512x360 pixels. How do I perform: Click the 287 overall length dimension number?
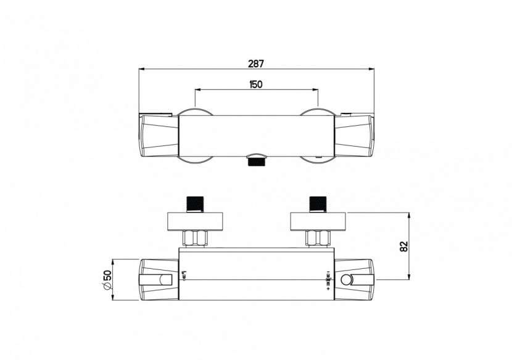pyautogui.click(x=256, y=63)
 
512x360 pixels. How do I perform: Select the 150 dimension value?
pyautogui.click(x=257, y=84)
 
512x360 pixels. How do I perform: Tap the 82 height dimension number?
pyautogui.click(x=404, y=246)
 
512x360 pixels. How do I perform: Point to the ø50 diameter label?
pyautogui.click(x=105, y=280)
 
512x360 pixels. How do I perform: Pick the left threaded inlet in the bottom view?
pyautogui.click(x=196, y=203)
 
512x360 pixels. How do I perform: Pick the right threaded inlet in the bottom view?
pyautogui.click(x=318, y=203)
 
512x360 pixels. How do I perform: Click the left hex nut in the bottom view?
pyautogui.click(x=196, y=237)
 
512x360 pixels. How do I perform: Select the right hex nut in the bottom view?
pyautogui.click(x=318, y=237)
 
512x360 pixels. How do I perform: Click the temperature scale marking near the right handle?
pyautogui.click(x=326, y=280)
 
